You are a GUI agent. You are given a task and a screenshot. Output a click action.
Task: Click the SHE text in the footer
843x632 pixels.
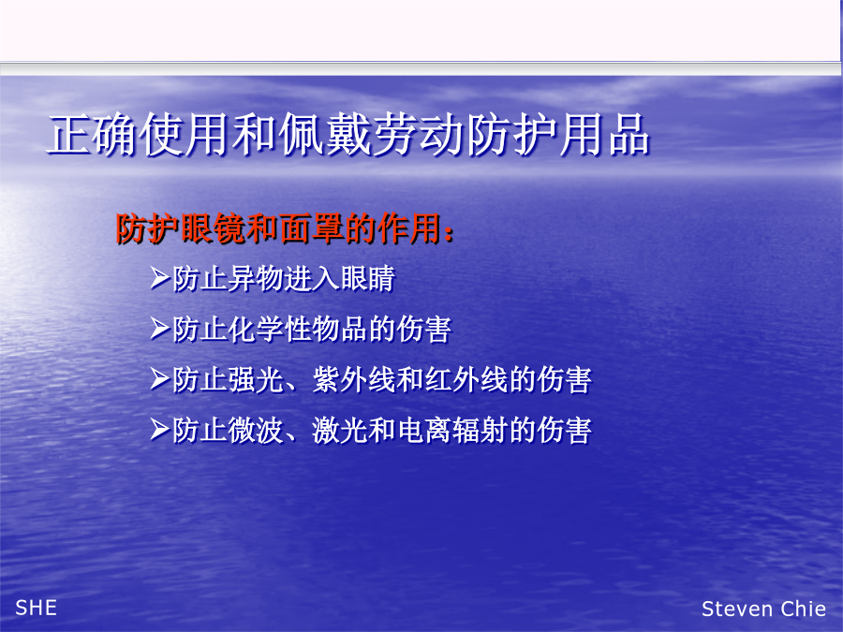click(x=36, y=608)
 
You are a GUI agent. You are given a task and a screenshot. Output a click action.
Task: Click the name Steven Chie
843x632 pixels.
click(x=763, y=609)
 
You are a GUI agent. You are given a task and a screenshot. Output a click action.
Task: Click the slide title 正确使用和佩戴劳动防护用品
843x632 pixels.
click(x=349, y=134)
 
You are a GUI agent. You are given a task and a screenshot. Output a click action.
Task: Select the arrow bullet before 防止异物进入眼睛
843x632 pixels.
click(x=160, y=278)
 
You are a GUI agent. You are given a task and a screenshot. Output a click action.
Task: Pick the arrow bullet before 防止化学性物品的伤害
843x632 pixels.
click(x=160, y=329)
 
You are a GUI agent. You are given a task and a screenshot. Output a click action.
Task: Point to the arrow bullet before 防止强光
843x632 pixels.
click(x=160, y=379)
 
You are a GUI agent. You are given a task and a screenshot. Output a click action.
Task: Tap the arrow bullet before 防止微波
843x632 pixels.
click(x=160, y=430)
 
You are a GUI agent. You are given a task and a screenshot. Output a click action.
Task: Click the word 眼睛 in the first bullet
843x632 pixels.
click(x=368, y=278)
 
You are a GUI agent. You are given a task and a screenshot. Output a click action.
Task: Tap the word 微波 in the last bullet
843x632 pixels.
click(x=256, y=430)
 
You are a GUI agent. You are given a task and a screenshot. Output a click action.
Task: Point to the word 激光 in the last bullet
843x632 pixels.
click(x=340, y=430)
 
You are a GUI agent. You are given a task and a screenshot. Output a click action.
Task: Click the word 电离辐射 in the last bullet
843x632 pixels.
click(x=452, y=430)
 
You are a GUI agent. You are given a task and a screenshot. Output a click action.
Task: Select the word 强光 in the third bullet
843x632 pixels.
click(x=256, y=379)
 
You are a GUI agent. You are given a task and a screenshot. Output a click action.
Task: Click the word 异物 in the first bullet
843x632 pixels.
click(x=256, y=278)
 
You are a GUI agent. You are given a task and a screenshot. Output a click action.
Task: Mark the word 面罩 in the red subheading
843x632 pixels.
click(x=312, y=229)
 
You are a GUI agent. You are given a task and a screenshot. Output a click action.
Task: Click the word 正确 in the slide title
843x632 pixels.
click(x=93, y=134)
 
